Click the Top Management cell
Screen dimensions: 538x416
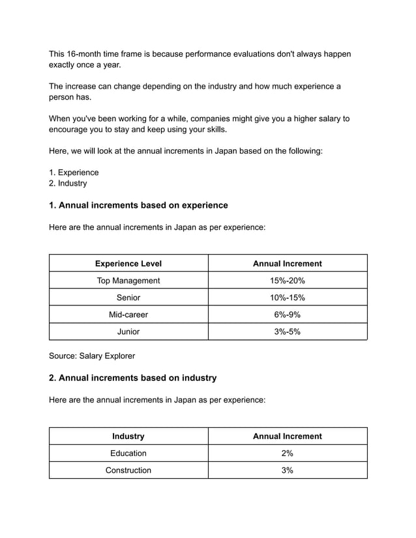click(x=128, y=281)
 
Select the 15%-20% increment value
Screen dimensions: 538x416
click(x=287, y=281)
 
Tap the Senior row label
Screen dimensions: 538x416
click(x=128, y=298)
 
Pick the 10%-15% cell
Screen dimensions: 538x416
click(x=287, y=298)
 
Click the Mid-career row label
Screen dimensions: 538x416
click(x=128, y=315)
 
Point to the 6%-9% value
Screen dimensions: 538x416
click(x=287, y=315)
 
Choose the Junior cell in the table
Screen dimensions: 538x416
click(x=128, y=332)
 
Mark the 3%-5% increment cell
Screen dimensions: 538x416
click(x=287, y=332)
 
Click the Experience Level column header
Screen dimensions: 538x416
click(x=128, y=264)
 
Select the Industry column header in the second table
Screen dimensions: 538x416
click(x=128, y=436)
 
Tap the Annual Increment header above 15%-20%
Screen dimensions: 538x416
click(x=287, y=264)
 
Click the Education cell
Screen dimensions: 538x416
click(x=128, y=453)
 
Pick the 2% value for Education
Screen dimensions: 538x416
click(x=287, y=453)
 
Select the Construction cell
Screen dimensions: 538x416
click(x=128, y=470)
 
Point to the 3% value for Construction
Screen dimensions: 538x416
click(x=287, y=470)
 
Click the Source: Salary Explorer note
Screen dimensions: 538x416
click(x=92, y=356)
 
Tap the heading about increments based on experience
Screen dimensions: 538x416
click(x=138, y=205)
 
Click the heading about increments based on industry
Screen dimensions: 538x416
click(x=132, y=378)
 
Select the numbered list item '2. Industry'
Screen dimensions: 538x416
click(x=68, y=184)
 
